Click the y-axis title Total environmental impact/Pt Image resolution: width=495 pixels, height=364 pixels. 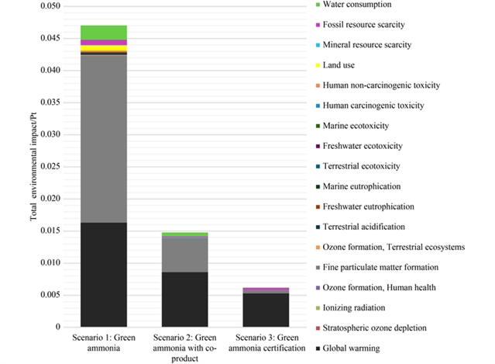34,167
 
